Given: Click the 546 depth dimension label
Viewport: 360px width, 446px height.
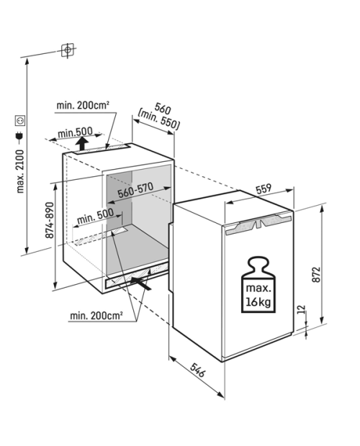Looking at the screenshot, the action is (x=197, y=370).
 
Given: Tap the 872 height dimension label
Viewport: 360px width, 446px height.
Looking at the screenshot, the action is (x=316, y=274).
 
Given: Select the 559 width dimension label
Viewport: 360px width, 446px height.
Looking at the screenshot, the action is (x=264, y=189).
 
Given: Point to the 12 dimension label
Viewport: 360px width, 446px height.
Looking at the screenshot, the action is (x=302, y=309).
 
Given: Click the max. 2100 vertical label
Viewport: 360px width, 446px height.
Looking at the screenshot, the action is (x=20, y=171).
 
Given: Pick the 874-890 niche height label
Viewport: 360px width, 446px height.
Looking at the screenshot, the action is (x=49, y=220).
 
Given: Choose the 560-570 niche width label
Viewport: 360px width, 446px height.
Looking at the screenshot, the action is (x=136, y=190).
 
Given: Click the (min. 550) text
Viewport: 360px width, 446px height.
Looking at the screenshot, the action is (x=159, y=120).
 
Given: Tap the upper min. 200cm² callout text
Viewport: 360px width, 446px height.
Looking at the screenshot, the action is (x=83, y=105).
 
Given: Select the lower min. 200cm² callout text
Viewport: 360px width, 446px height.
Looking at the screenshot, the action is (x=96, y=316).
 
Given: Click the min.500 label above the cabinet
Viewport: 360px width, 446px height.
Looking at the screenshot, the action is (x=75, y=132).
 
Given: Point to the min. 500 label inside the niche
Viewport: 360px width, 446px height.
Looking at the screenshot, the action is (x=95, y=216).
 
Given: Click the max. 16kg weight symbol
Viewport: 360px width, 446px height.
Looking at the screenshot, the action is (x=258, y=285).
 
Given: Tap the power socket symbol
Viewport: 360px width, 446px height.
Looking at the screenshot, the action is (x=20, y=121).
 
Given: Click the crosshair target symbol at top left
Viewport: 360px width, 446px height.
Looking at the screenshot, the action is (x=68, y=50).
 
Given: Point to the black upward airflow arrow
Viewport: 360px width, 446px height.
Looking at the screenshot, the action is (x=82, y=143).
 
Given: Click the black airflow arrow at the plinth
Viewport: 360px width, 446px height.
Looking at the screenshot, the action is (x=140, y=283).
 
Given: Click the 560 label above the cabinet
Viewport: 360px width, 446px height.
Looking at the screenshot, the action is (x=163, y=109).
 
